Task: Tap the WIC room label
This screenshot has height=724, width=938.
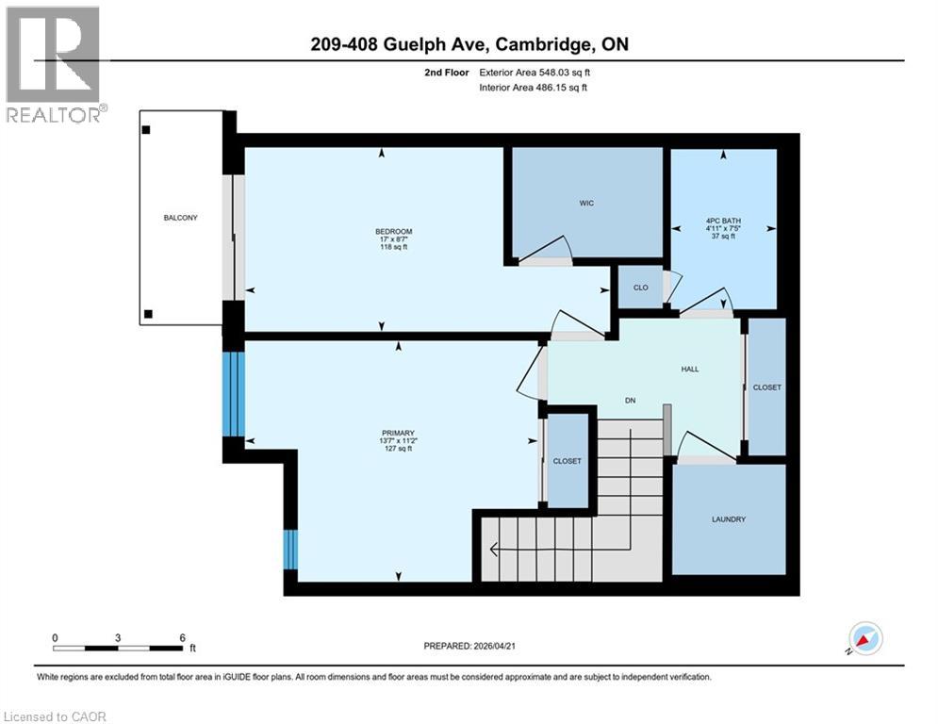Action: [x=586, y=203]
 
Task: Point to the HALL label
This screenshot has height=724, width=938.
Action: [x=690, y=369]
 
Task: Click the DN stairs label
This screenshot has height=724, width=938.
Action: [x=631, y=401]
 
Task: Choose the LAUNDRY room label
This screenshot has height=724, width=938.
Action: [x=729, y=519]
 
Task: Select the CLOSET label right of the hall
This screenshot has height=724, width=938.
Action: [x=766, y=387]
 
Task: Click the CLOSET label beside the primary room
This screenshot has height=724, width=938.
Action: [x=567, y=461]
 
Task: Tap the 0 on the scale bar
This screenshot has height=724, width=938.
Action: [x=56, y=637]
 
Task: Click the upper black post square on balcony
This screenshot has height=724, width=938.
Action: [x=146, y=131]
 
